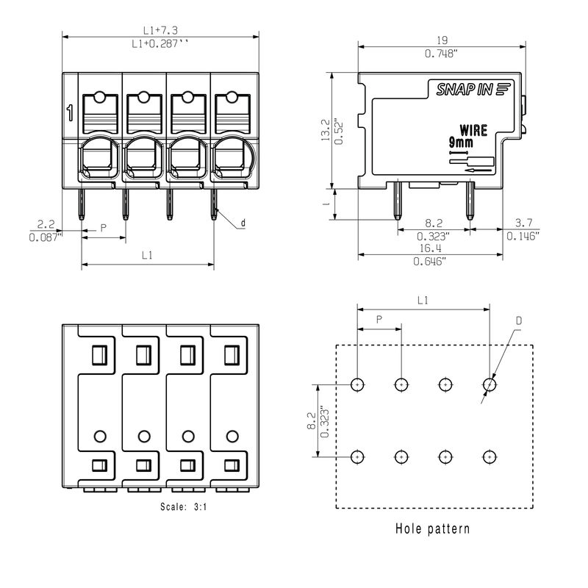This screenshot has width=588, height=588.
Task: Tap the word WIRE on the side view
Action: [473, 131]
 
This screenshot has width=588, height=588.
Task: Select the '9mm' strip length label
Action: [461, 143]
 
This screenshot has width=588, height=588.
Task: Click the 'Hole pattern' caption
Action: [432, 528]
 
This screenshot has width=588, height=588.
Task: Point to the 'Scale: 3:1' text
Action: [183, 507]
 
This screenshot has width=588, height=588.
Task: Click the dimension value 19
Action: [442, 40]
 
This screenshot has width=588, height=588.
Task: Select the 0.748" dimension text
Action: [442, 54]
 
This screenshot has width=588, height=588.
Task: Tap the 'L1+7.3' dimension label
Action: [160, 30]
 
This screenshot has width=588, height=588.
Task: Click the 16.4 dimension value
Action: [430, 248]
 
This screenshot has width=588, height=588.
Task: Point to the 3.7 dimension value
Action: [523, 223]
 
